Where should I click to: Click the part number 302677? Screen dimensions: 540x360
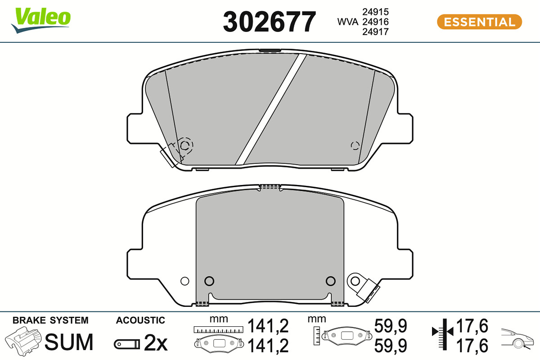pyautogui.click(x=269, y=22)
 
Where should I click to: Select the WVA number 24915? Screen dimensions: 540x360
pyautogui.click(x=375, y=12)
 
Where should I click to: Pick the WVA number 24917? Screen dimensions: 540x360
pyautogui.click(x=375, y=31)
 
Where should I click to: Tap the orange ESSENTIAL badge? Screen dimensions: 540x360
pyautogui.click(x=479, y=22)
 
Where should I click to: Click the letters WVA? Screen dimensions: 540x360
pyautogui.click(x=347, y=22)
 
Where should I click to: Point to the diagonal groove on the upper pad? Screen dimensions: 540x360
pyautogui.click(x=271, y=109)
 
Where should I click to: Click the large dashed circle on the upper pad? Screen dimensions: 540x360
pyautogui.click(x=186, y=145)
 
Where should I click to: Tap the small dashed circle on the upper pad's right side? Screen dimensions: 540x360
pyautogui.click(x=355, y=146)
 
